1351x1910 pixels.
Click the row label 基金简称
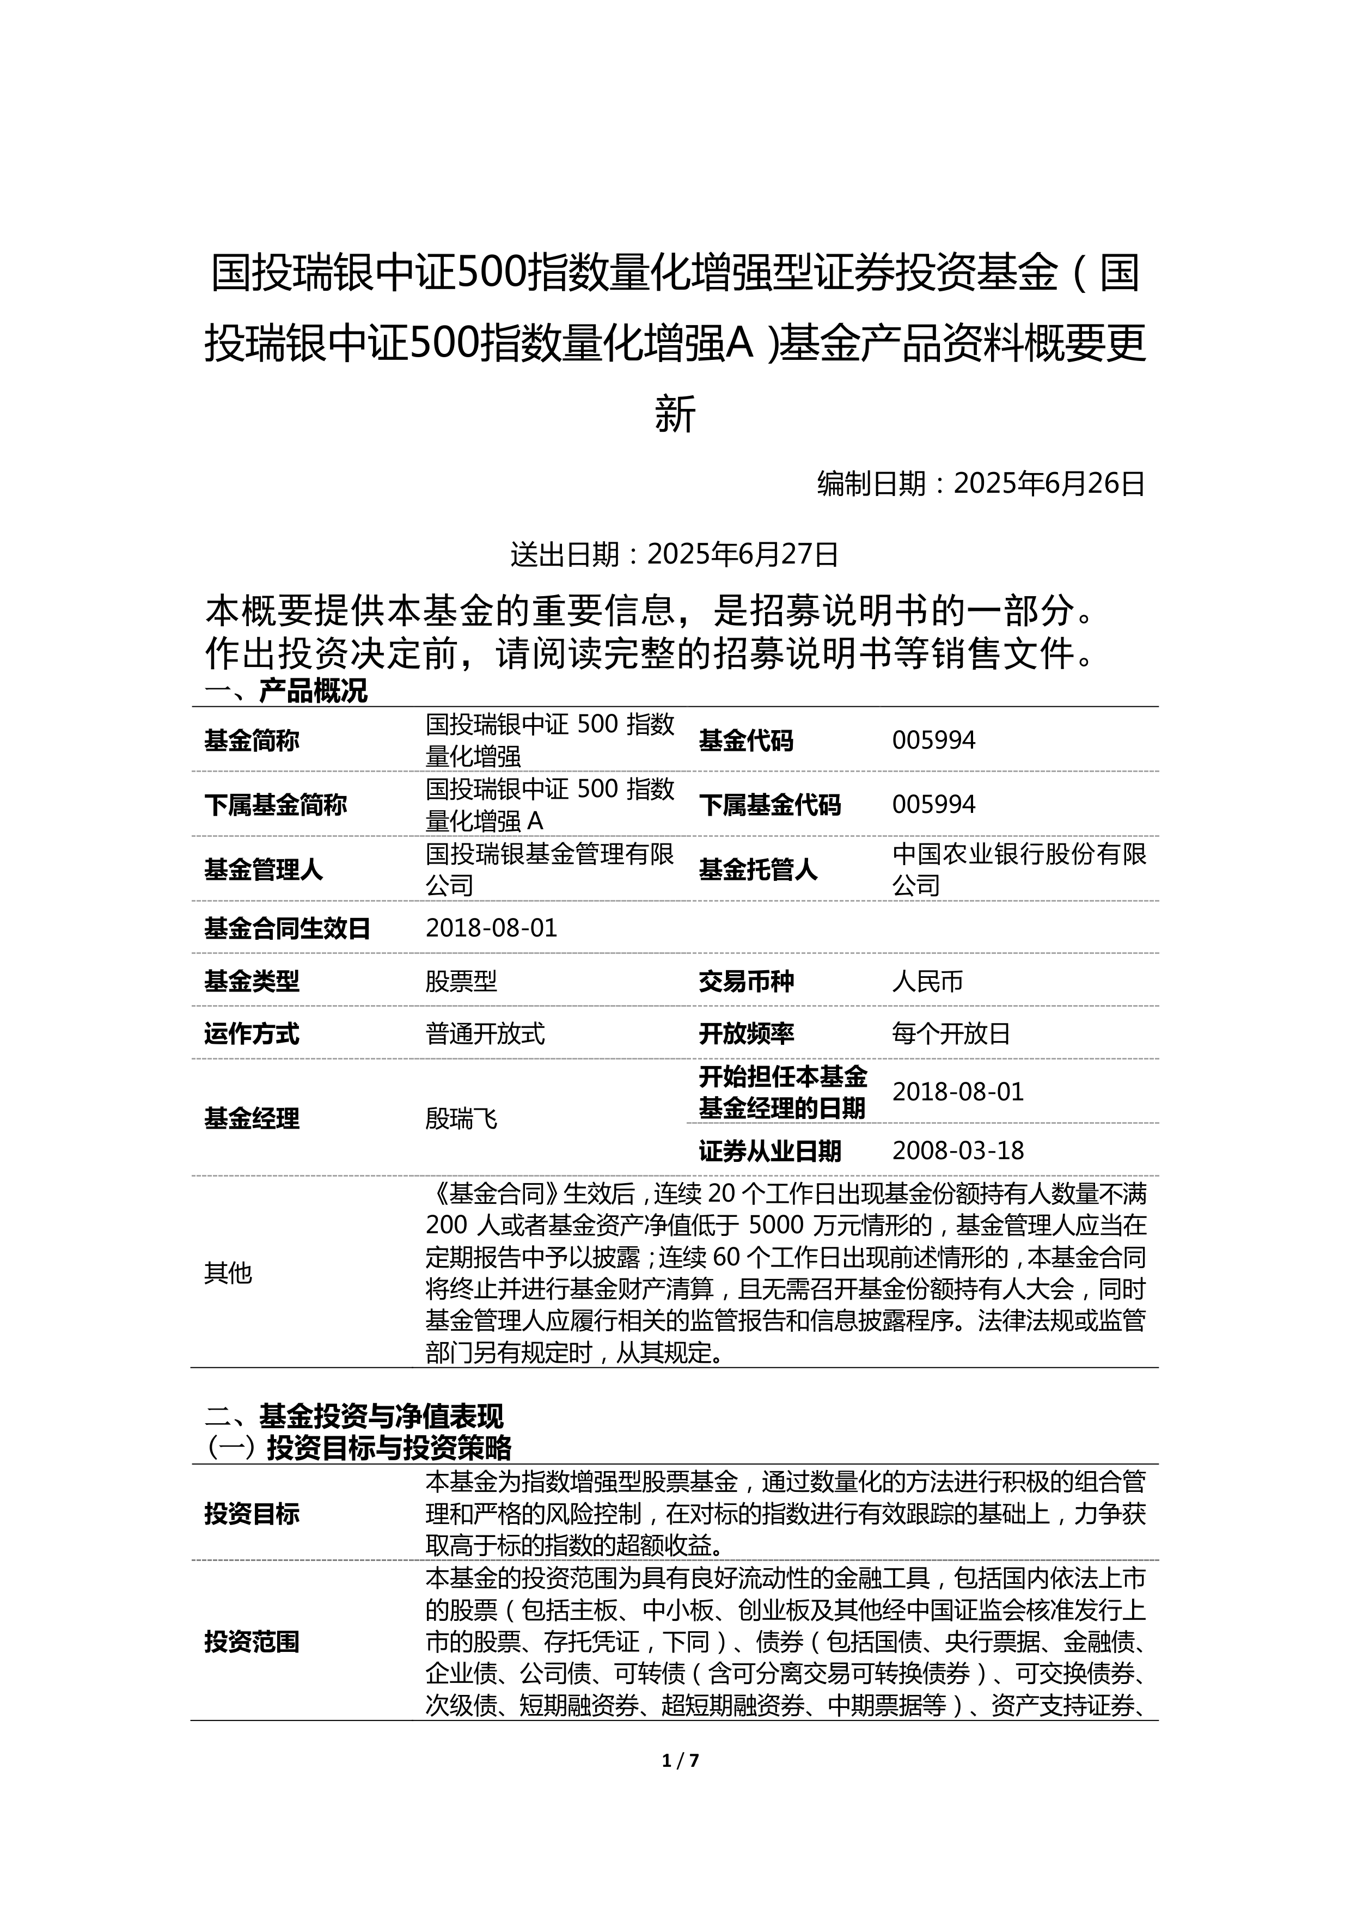pos(252,740)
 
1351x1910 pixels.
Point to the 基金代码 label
pos(746,740)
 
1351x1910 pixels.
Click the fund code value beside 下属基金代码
pos(933,804)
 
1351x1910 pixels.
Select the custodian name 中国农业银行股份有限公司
pos(1018,870)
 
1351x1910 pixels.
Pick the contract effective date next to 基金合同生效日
pos(491,928)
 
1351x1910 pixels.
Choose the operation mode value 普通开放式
pos(485,1034)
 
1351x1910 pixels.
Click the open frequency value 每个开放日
pos(951,1034)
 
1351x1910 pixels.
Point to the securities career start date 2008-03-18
pos(957,1150)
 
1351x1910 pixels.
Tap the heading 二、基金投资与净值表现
pos(354,1416)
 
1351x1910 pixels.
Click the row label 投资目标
pos(252,1513)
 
